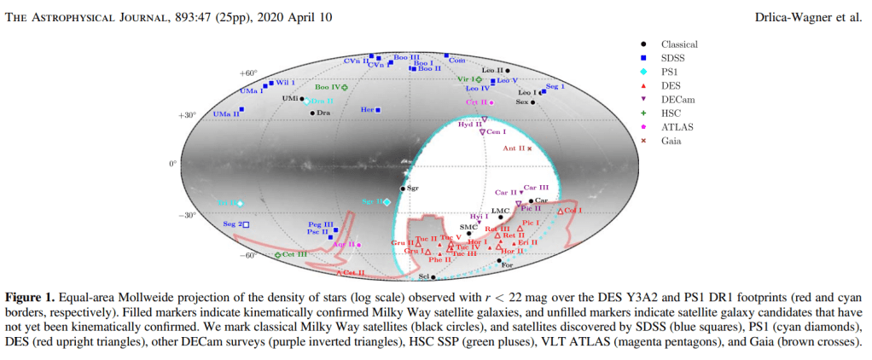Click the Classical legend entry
pos(679,44)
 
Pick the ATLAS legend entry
pos(676,126)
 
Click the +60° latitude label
pos(248,73)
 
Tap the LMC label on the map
pos(501,209)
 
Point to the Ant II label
pos(514,148)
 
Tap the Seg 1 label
pos(555,87)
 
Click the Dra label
pos(324,113)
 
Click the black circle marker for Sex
pos(532,102)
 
